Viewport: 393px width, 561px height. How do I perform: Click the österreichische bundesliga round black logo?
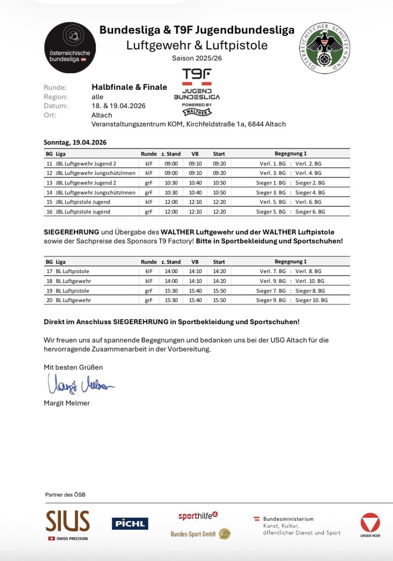70,47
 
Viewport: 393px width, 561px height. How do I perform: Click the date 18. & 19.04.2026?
118,105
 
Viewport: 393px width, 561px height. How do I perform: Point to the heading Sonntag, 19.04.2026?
75,142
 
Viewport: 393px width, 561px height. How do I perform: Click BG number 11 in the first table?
49,163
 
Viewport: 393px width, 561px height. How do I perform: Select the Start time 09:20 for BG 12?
218,172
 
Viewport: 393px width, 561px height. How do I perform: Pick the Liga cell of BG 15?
83,202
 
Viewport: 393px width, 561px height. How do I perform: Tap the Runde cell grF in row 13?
149,182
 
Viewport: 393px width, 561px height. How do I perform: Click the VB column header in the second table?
194,262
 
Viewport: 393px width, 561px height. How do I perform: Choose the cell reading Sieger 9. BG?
270,300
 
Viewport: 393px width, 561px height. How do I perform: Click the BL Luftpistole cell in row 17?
72,271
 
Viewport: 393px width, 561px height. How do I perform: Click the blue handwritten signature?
81,385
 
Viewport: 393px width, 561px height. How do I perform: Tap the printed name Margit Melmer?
67,403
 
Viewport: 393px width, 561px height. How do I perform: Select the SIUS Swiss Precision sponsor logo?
67,524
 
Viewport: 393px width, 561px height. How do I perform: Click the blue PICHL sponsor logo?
130,524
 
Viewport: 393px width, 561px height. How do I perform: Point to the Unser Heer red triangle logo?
370,524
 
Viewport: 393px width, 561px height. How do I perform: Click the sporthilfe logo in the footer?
198,516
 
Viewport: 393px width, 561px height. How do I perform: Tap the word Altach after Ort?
102,115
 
